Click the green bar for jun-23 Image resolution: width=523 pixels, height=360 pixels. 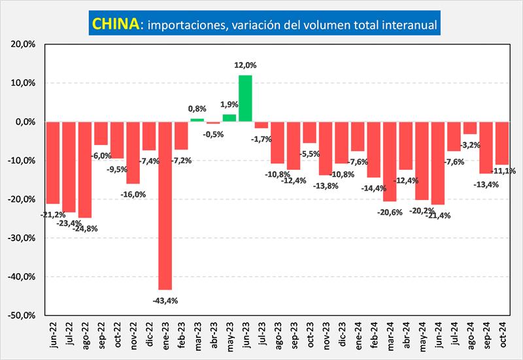tap(245, 98)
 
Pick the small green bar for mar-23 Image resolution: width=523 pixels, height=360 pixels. tap(197, 120)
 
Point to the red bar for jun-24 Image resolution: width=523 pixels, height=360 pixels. tap(438, 163)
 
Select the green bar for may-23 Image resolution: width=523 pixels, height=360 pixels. tap(229, 118)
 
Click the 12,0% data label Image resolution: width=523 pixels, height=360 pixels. tap(245, 65)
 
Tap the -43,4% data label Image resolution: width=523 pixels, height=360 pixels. tap(165, 301)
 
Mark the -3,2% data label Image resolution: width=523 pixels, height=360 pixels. tap(471, 144)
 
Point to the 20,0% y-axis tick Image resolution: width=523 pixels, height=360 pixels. tap(24, 44)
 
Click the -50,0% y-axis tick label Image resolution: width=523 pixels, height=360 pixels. tap(22, 315)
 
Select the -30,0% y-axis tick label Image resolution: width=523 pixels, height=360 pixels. tap(22, 238)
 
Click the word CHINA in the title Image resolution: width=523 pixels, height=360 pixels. tap(116, 24)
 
